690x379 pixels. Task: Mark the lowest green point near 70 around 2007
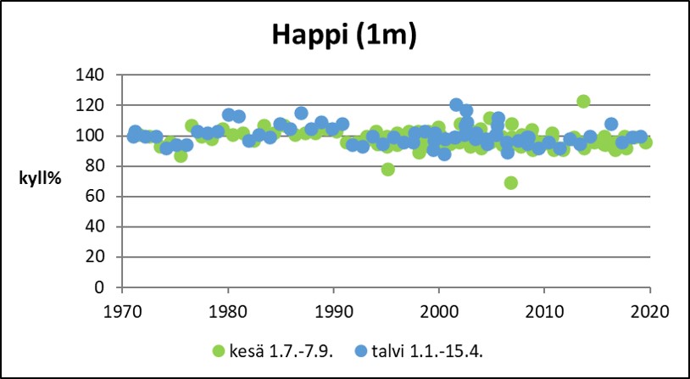click(511, 182)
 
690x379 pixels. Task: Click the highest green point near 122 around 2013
click(583, 101)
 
